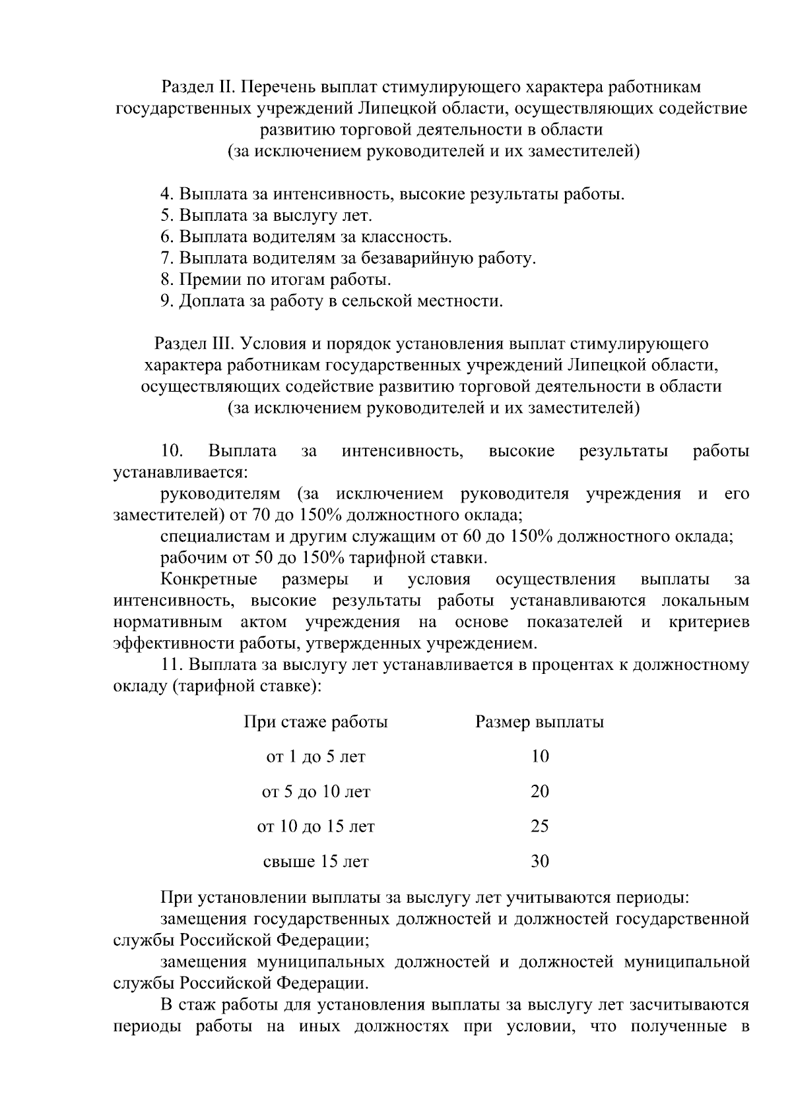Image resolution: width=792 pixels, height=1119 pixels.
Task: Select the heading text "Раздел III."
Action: [x=195, y=344]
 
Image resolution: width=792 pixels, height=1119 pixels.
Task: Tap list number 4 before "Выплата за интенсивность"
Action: [x=166, y=195]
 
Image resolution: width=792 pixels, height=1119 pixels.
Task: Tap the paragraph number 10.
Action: [x=172, y=452]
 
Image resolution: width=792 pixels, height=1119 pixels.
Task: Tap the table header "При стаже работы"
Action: [x=315, y=722]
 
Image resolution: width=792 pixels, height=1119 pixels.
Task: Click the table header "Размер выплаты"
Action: [x=539, y=722]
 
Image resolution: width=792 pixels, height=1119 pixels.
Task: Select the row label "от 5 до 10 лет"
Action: [x=315, y=792]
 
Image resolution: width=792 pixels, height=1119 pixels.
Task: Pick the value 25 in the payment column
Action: [x=539, y=826]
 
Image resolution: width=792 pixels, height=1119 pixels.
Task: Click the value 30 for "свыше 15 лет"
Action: [x=539, y=861]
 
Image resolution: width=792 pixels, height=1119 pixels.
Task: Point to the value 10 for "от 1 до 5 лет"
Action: [x=539, y=757]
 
